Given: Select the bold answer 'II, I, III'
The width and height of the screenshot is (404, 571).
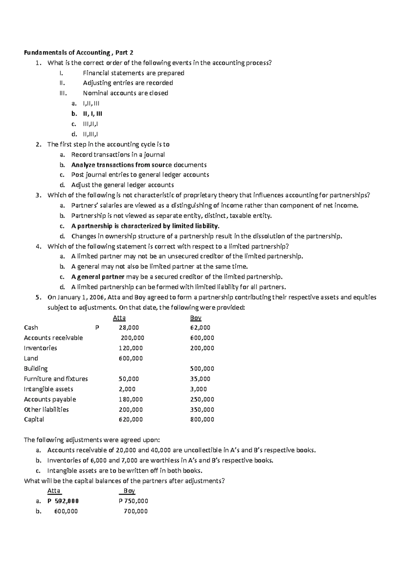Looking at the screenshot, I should (93, 114).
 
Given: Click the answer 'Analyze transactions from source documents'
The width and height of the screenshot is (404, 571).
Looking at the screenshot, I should (139, 165).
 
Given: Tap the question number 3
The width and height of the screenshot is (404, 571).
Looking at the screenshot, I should (39, 195).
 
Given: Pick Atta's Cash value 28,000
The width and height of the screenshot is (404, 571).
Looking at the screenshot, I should (126, 328).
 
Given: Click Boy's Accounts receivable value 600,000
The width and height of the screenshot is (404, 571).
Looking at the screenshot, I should (202, 338).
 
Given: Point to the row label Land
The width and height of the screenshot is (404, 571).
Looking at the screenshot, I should (31, 358).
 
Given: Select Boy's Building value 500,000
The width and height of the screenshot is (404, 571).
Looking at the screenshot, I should (202, 369).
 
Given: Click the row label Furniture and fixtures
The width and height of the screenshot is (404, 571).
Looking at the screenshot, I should (56, 379).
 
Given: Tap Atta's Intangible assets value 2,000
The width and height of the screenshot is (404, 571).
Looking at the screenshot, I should (127, 389).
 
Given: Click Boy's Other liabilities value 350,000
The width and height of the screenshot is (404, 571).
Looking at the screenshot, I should (202, 410).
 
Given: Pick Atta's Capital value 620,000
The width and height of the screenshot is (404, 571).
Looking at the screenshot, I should (131, 419).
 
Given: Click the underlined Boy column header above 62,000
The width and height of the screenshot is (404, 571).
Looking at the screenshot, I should (196, 318).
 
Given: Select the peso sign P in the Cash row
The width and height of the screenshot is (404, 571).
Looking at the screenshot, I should (97, 328).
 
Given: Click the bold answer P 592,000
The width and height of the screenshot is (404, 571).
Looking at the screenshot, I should (63, 501).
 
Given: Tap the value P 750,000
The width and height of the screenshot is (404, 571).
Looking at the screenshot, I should (133, 501).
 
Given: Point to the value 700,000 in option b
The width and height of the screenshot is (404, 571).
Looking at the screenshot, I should (136, 511).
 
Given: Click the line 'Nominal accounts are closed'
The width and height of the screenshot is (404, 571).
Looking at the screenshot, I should (126, 93).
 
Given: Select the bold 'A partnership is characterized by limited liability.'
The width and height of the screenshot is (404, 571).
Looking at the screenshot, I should (145, 226).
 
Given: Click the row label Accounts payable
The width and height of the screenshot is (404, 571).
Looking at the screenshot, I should (50, 399).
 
